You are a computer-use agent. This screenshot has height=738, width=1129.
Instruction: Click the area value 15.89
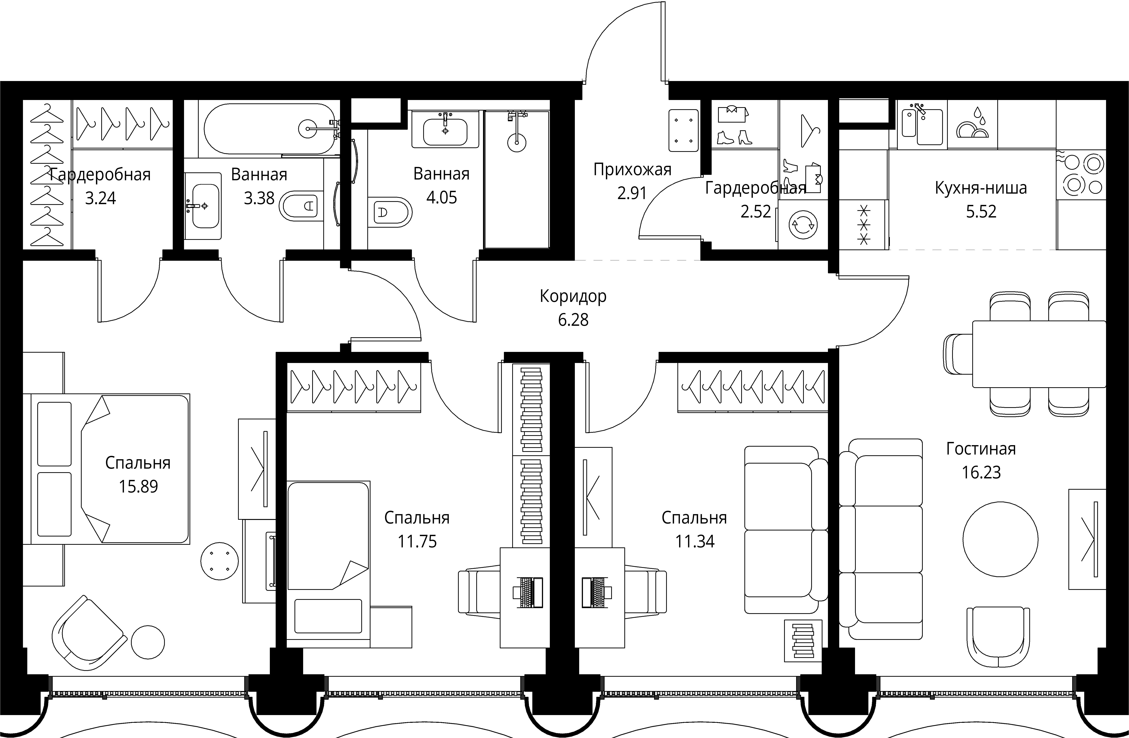(138, 486)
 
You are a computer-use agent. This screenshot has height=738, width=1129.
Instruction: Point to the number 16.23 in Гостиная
(981, 473)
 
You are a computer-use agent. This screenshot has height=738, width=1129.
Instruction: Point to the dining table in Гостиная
(1039, 354)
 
